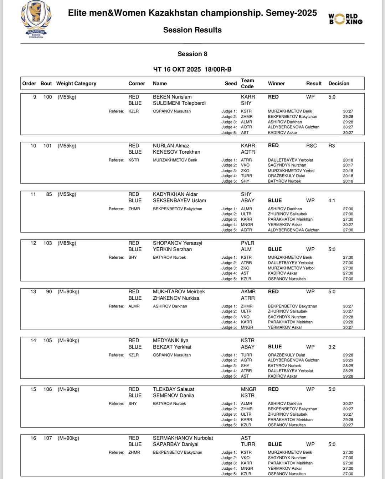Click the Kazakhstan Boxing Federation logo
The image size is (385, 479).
point(36,20)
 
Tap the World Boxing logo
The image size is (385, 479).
point(345,19)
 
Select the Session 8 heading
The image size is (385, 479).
point(192,54)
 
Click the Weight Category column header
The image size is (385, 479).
point(76,83)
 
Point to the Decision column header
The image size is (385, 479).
point(339,83)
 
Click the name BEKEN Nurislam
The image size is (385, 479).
point(172,97)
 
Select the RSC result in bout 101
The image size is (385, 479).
point(311,146)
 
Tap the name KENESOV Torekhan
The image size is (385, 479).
point(176,152)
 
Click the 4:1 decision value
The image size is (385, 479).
point(332,200)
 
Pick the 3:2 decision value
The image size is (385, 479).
point(332,347)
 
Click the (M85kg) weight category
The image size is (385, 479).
point(67,243)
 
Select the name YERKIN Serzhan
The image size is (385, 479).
point(172,249)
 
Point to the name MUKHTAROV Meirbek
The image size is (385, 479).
point(179,291)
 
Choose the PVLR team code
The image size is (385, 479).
point(248,243)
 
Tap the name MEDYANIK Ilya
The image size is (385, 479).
point(170,340)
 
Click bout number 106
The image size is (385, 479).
point(48,389)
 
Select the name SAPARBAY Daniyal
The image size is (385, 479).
point(175,444)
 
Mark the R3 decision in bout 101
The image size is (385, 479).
point(332,146)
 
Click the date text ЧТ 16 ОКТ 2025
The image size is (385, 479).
point(177,69)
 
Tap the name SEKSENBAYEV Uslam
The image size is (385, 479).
point(179,200)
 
